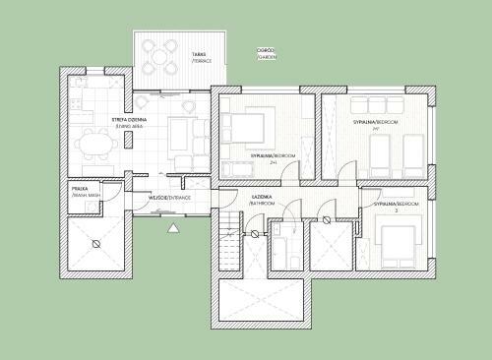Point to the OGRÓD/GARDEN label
point(266,53)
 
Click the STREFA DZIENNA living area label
point(129,122)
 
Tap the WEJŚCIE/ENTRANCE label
point(168,198)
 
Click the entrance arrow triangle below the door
point(174,228)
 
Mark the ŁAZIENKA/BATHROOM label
point(262,200)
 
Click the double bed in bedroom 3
point(398,239)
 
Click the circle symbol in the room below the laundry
point(95,243)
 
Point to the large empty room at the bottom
point(261,301)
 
